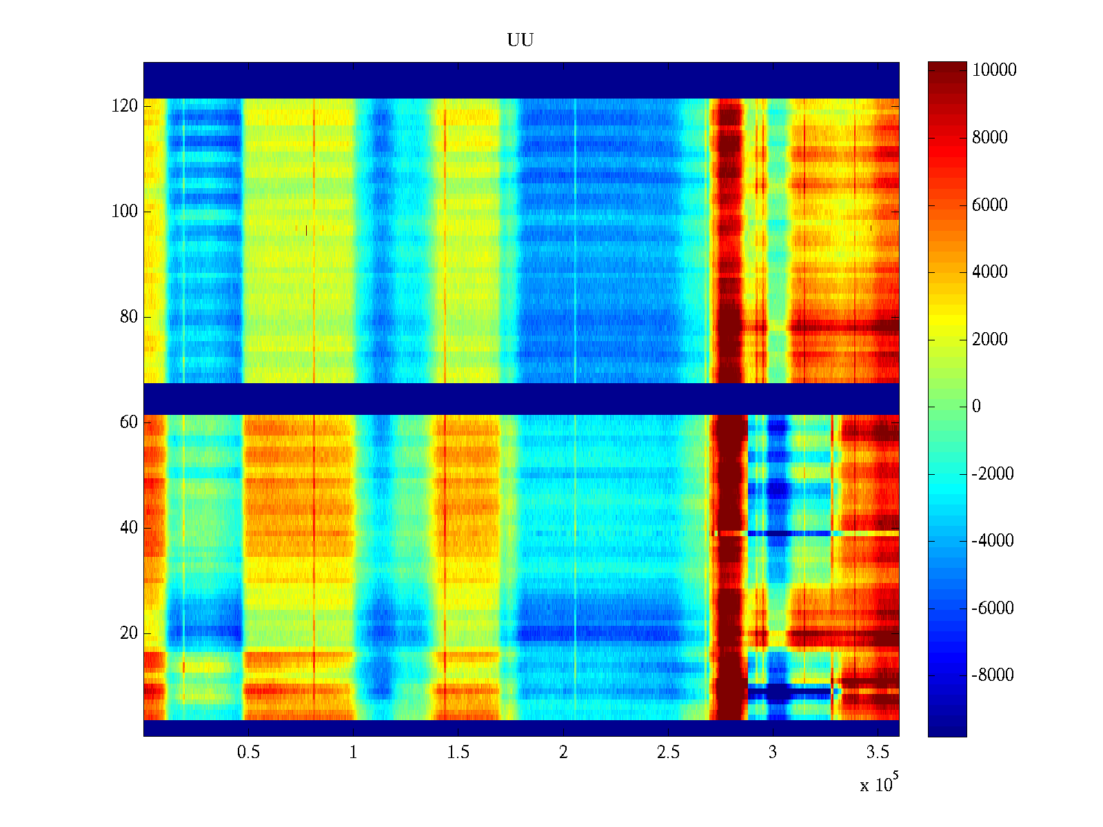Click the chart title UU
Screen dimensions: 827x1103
click(x=520, y=41)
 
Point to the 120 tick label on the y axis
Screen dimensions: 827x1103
click(x=124, y=106)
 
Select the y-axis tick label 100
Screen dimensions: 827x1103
click(x=124, y=212)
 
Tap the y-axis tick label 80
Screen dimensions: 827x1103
click(x=129, y=317)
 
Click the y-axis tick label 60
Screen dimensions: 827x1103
click(x=129, y=422)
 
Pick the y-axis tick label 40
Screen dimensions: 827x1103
click(x=129, y=528)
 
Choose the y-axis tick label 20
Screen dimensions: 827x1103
click(x=129, y=633)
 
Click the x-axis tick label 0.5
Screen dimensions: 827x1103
click(x=248, y=753)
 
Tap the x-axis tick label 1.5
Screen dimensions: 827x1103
click(x=458, y=753)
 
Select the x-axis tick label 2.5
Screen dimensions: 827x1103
click(x=668, y=753)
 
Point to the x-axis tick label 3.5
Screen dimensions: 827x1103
click(x=878, y=753)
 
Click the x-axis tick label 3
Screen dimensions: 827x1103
click(x=773, y=753)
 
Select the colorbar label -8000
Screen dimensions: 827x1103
click(x=992, y=675)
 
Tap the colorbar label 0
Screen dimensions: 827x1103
click(x=976, y=407)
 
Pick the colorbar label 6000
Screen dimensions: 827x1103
click(x=990, y=205)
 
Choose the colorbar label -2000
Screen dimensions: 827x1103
click(x=992, y=473)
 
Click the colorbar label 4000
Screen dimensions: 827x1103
click(x=990, y=272)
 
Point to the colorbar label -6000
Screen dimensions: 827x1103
click(x=992, y=608)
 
